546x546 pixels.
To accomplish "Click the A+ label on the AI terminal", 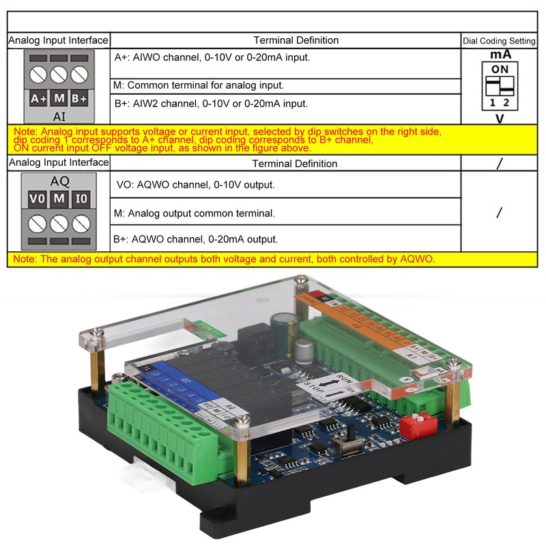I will point(38,98).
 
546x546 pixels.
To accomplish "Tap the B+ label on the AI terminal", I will point(80,98).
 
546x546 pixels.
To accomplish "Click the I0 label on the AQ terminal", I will point(81,199).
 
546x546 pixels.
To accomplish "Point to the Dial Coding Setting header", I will point(499,41).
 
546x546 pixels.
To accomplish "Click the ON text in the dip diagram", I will point(500,69).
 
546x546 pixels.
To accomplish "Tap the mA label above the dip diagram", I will point(500,55).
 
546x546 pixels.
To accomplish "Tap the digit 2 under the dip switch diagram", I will point(506,104).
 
